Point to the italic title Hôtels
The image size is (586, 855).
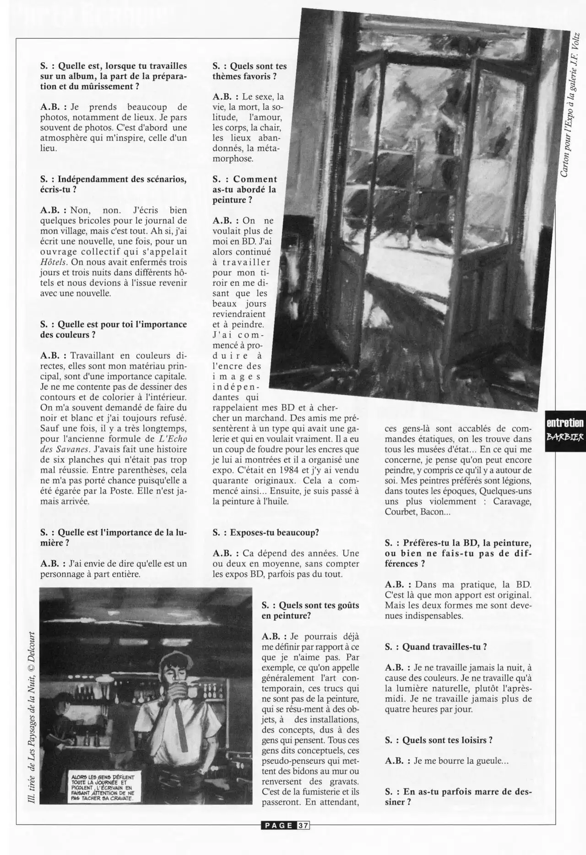click(54, 262)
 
